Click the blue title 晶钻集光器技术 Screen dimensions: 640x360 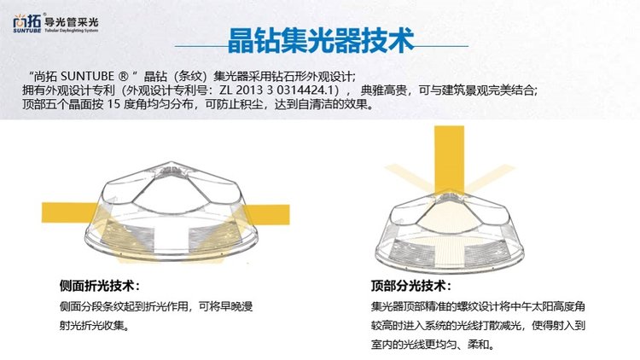(x=321, y=41)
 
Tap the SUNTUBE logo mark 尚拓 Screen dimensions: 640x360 (x=27, y=22)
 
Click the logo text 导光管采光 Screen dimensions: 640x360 (x=71, y=21)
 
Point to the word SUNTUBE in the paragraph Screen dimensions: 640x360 (x=87, y=76)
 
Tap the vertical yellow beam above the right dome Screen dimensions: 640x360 (x=449, y=159)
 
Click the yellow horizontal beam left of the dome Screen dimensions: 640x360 (x=70, y=212)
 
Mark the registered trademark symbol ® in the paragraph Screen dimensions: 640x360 (x=123, y=76)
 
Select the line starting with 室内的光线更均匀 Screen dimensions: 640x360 (x=433, y=344)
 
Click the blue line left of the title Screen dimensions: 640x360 (x=201, y=46)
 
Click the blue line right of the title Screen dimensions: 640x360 (x=441, y=46)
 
